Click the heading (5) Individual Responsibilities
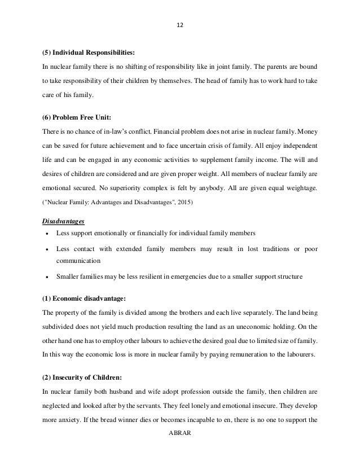(89, 53)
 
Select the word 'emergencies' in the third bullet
(195, 276)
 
